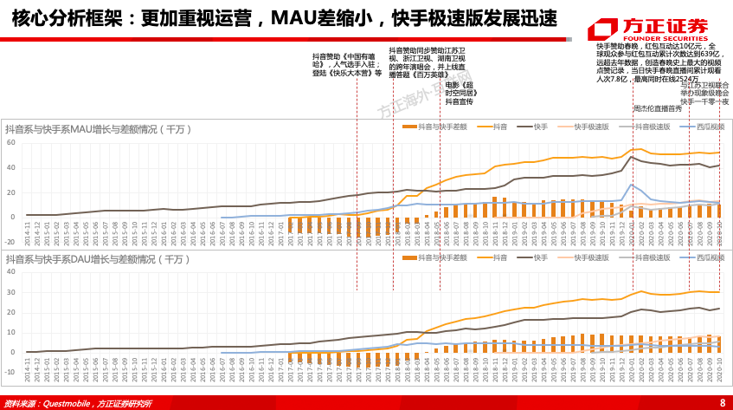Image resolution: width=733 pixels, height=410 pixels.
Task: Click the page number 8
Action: coord(723,402)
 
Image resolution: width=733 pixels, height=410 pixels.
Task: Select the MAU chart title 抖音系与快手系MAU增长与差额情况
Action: coord(97,129)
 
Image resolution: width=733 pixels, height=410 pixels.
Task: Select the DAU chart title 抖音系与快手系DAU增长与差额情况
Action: coord(97,259)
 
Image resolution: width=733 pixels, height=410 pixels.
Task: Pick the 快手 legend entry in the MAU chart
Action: coord(534,127)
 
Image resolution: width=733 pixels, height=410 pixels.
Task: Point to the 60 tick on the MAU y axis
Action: coord(11,143)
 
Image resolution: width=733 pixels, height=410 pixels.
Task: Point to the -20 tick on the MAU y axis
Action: coord(10,242)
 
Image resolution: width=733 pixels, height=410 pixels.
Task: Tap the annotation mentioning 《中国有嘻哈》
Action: coord(346,65)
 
